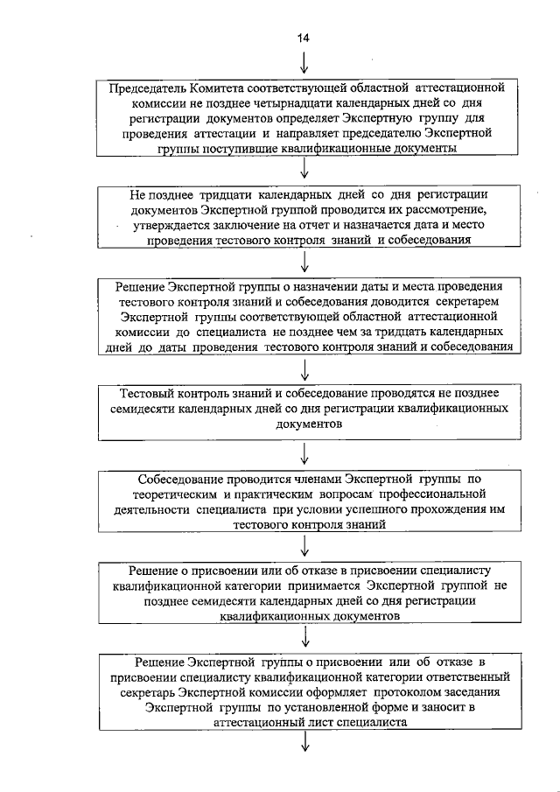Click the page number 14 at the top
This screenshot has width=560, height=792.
pos(304,37)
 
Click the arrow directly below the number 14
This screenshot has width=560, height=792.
pos(304,62)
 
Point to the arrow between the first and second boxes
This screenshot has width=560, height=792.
pos(304,172)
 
